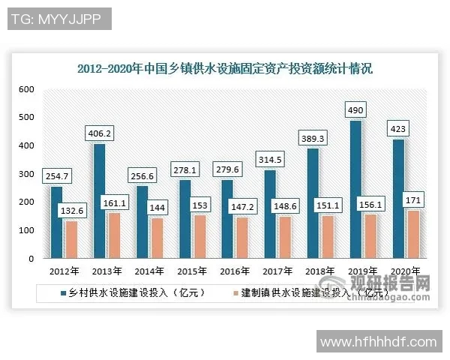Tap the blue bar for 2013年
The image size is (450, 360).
click(x=99, y=201)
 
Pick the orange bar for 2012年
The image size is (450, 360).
click(x=71, y=239)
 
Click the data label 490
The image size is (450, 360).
click(x=355, y=109)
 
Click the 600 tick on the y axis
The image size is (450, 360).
click(x=27, y=89)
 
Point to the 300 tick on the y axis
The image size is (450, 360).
click(x=27, y=174)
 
